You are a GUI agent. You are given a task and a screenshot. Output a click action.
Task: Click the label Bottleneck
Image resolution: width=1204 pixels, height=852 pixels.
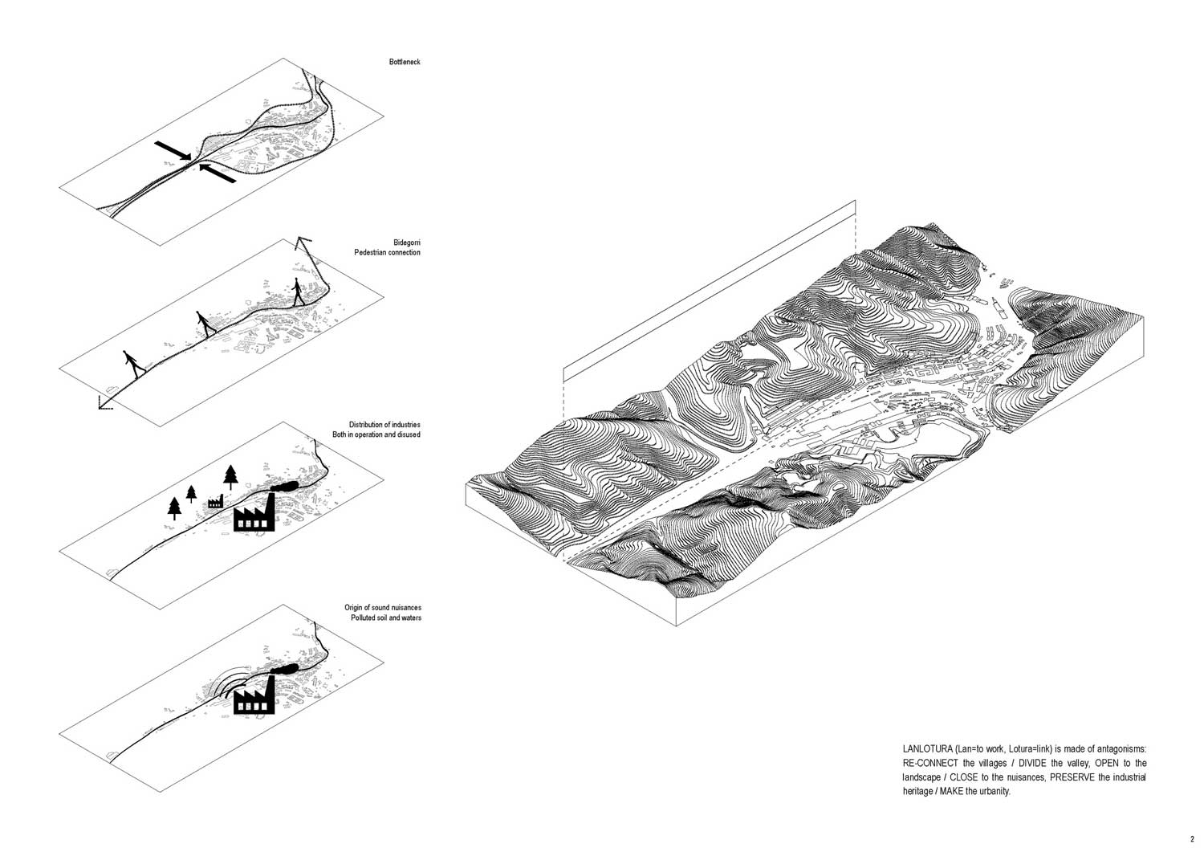(405, 62)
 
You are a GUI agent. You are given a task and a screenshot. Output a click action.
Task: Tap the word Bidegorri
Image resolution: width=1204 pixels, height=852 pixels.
(407, 243)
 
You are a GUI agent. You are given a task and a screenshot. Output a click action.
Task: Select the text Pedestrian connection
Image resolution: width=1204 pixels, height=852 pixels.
(387, 253)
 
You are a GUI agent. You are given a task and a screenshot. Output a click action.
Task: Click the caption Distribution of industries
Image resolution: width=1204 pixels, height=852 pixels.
(384, 425)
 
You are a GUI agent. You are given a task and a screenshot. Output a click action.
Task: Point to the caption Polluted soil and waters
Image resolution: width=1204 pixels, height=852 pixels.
(386, 618)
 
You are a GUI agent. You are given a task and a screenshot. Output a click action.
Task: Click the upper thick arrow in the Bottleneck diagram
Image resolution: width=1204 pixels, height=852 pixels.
(173, 151)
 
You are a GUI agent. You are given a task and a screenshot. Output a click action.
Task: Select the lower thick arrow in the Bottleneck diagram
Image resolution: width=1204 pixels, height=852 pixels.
(218, 173)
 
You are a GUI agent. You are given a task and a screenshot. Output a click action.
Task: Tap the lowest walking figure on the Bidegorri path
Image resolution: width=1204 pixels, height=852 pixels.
(134, 364)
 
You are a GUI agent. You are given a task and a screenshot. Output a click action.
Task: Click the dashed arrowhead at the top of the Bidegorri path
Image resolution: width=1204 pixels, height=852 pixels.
(303, 243)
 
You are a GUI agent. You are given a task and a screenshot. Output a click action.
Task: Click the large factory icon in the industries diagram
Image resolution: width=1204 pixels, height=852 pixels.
(254, 512)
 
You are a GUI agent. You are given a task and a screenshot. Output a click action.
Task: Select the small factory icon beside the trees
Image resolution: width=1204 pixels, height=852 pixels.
(216, 501)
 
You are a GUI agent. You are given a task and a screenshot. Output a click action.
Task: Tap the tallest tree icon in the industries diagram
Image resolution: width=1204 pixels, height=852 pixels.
(230, 477)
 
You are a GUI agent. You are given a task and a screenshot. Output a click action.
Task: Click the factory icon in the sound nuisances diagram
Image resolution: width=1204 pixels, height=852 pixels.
(254, 695)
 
